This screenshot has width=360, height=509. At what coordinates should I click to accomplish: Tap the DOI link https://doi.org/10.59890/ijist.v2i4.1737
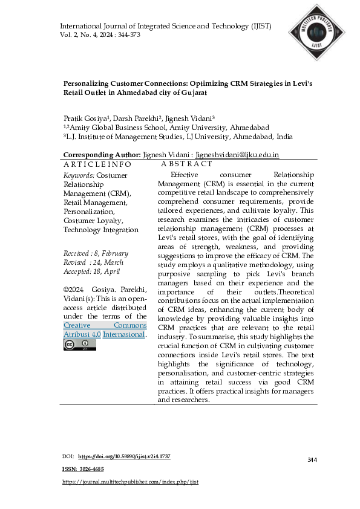124,456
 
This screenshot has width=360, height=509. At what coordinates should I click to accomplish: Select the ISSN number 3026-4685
90,469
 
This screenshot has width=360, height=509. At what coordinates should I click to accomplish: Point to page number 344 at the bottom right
312,460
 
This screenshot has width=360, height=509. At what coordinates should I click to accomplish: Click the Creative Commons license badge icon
71,345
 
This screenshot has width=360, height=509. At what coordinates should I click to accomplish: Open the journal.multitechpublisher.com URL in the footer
131,482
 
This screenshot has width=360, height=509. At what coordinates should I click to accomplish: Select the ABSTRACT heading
187,164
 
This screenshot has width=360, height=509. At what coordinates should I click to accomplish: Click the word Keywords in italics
79,175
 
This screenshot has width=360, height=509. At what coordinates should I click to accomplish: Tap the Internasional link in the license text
124,334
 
